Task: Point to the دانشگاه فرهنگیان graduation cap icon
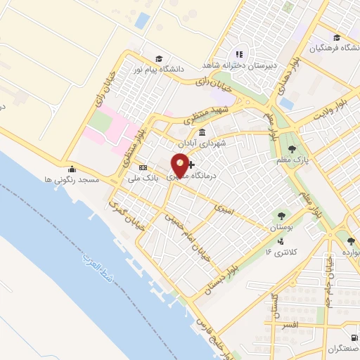coord(337,37)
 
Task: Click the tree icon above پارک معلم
coord(292,149)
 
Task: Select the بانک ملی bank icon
coord(143,168)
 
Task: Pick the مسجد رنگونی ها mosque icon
coord(72,169)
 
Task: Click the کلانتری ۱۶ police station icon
coord(269,250)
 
